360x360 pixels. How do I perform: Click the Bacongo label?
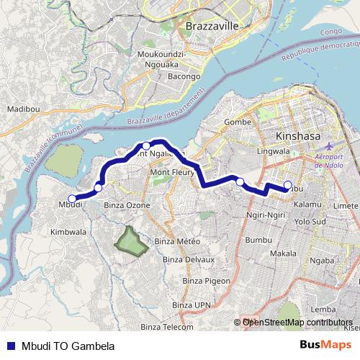pos(184,76)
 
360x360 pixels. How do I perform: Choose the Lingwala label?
pos(273,152)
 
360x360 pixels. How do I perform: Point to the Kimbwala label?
pos(68,233)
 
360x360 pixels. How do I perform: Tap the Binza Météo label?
pos(176,240)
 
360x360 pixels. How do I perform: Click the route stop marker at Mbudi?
pos(71,199)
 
